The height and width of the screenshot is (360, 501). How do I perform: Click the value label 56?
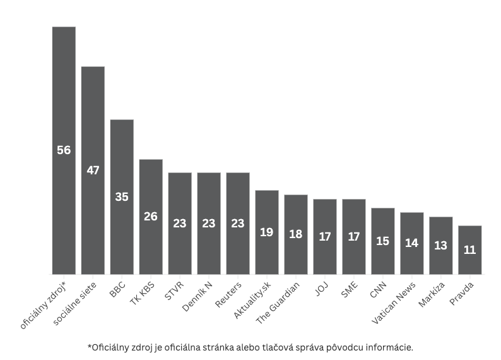(x=64, y=150)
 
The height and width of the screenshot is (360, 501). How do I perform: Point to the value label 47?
(x=93, y=171)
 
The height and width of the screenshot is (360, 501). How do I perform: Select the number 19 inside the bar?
(x=266, y=232)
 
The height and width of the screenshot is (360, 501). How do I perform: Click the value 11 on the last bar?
(x=469, y=249)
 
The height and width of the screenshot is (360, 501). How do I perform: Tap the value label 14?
(x=411, y=243)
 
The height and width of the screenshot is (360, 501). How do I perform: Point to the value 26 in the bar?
(x=151, y=216)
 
